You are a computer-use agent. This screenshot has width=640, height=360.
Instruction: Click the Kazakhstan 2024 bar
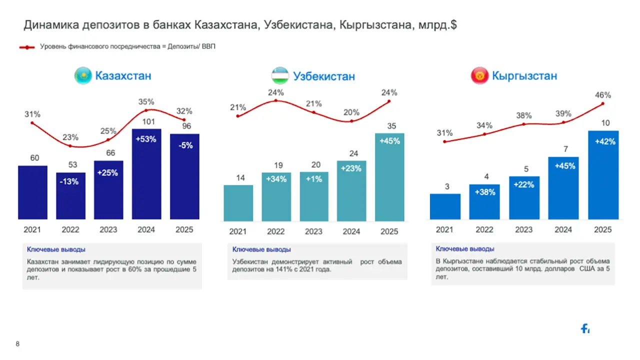pos(146,174)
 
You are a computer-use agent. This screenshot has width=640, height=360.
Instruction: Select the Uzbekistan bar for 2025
pos(389,177)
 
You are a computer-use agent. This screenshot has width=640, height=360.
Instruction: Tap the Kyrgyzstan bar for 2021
pos(445,206)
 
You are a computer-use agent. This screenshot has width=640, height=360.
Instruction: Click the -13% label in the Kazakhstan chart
pos(69,181)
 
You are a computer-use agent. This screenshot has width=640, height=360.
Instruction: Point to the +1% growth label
pos(313,179)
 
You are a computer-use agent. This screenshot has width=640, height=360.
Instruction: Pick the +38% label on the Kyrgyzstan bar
pos(485,192)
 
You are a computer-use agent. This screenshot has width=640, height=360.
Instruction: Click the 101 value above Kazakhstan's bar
pos(148,121)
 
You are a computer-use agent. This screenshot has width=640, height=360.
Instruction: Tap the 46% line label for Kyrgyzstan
pos(603,95)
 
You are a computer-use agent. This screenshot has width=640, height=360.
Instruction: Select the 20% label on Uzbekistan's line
pos(351,112)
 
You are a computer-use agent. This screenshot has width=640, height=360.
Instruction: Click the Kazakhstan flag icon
pos(83,75)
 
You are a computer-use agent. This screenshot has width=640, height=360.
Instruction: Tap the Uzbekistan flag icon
pos(280,75)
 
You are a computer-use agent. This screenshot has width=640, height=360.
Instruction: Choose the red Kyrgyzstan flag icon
pos(479,75)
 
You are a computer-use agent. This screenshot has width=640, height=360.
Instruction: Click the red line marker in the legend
pos(27,47)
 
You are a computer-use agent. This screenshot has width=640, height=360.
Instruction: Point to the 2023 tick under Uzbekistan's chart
pos(313,231)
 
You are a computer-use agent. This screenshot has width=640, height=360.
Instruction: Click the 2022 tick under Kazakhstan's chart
pos(70,229)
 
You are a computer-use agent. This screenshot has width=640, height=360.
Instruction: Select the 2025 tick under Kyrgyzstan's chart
pos(603,229)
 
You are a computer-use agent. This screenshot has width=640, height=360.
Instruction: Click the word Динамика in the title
pos(51,25)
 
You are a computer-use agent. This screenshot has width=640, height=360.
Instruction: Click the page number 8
pos(17,343)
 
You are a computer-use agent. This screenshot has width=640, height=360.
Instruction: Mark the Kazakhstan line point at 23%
pos(70,146)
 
